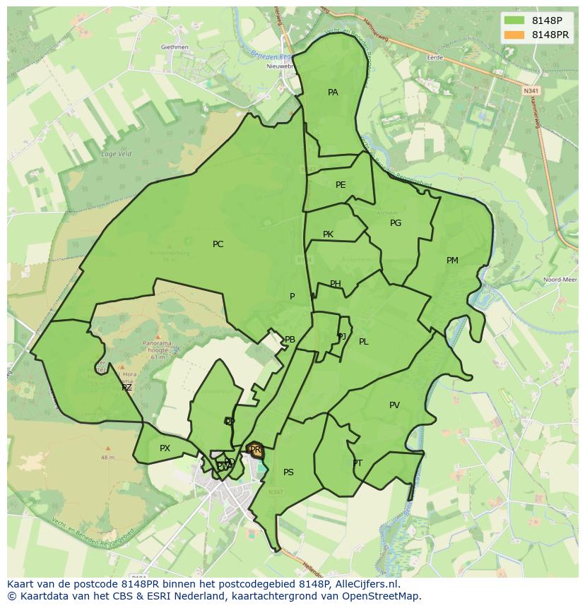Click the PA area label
(x=333, y=93)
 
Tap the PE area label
(x=341, y=185)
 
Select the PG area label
(x=396, y=223)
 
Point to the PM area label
(x=452, y=261)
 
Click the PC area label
(x=218, y=244)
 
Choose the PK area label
(x=328, y=234)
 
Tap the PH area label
(x=336, y=284)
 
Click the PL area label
(x=363, y=342)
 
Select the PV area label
(x=394, y=405)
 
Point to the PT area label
(x=357, y=463)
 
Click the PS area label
(x=288, y=472)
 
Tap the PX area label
(x=165, y=448)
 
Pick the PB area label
(x=290, y=340)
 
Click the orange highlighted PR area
(x=255, y=450)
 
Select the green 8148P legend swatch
(x=514, y=20)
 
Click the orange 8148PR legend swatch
(x=514, y=35)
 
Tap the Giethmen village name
(x=175, y=47)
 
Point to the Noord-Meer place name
(x=560, y=280)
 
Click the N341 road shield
(x=531, y=90)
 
